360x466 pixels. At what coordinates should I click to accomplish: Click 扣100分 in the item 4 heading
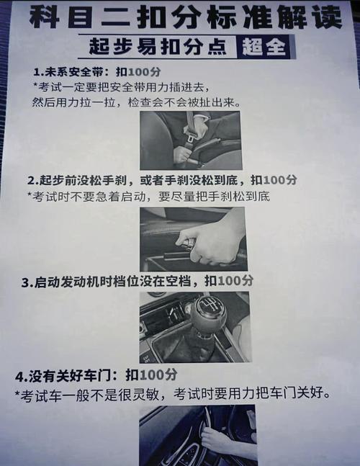click(x=151, y=375)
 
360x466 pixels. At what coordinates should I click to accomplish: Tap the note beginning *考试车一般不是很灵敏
click(x=173, y=394)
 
